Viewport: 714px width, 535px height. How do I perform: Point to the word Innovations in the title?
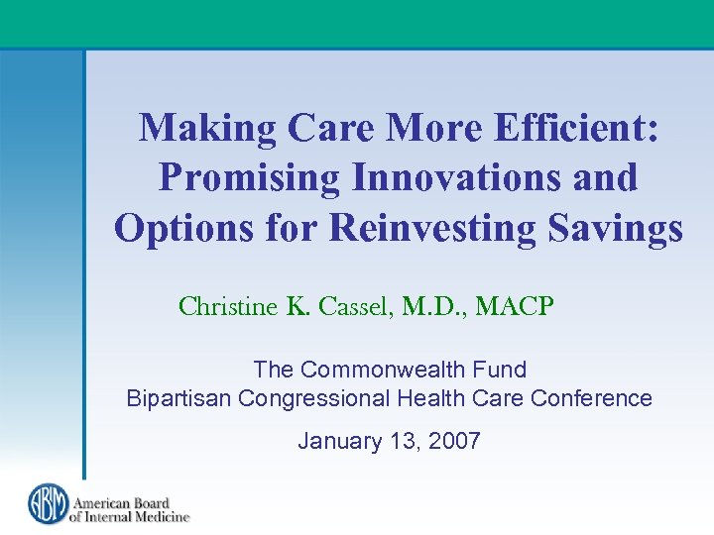[446, 177]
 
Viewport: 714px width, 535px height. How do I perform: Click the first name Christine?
[228, 307]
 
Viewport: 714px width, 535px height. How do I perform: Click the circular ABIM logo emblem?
[47, 503]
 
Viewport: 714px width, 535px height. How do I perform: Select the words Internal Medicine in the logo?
[129, 515]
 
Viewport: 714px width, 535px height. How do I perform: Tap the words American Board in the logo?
[120, 500]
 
